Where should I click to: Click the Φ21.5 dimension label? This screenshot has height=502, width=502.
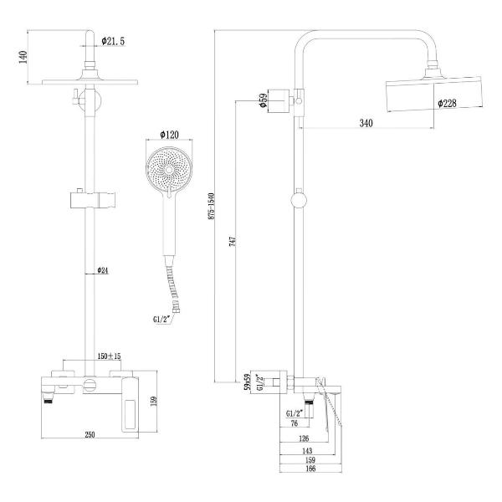[113, 40]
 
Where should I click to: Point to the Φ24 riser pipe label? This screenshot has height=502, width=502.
[104, 270]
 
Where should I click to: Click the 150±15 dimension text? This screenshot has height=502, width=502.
[108, 356]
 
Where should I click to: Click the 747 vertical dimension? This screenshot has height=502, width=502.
[233, 243]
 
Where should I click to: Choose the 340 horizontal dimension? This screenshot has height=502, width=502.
[366, 123]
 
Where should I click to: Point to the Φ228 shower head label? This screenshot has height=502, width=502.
[448, 104]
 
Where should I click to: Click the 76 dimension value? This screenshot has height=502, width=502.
[293, 424]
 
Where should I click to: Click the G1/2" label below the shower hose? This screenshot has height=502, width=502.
[162, 319]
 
